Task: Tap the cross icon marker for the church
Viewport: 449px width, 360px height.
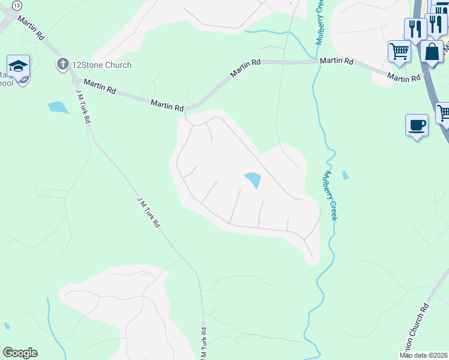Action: point(62,64)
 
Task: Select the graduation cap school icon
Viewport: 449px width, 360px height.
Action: point(19,66)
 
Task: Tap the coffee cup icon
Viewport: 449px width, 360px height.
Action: point(417,125)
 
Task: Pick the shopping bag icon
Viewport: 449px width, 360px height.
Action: point(432,52)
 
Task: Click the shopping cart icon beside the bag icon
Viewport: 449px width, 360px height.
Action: point(399,51)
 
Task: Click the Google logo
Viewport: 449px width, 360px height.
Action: point(20,353)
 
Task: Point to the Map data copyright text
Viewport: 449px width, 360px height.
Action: point(424,355)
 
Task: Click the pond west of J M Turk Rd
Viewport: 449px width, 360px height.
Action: point(58,107)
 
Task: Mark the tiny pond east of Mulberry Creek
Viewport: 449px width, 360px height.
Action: point(345,175)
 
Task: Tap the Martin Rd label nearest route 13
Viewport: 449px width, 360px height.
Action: point(31,28)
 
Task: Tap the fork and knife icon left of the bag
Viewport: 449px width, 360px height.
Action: point(415,28)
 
